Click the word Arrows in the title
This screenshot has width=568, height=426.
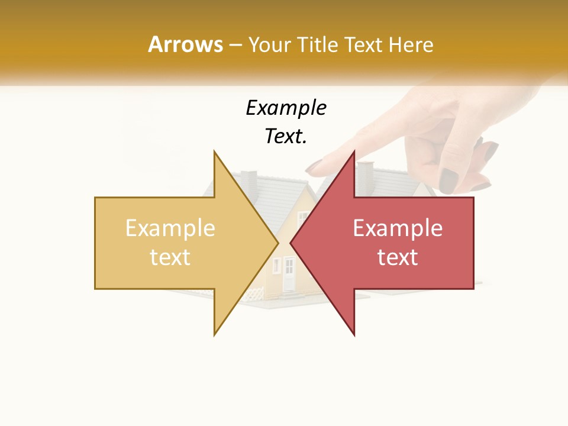click(185, 44)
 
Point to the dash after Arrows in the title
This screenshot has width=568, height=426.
click(235, 46)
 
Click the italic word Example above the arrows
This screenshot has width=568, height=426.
click(286, 108)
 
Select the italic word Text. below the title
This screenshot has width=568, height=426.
click(286, 137)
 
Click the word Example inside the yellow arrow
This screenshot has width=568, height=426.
click(170, 228)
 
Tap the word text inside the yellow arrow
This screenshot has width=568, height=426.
click(170, 257)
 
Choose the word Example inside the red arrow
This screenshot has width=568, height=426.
click(398, 228)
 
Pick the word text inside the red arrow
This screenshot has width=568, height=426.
click(398, 257)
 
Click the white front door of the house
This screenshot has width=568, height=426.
click(289, 275)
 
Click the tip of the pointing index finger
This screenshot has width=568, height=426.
click(313, 169)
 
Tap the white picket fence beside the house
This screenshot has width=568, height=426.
click(254, 292)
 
